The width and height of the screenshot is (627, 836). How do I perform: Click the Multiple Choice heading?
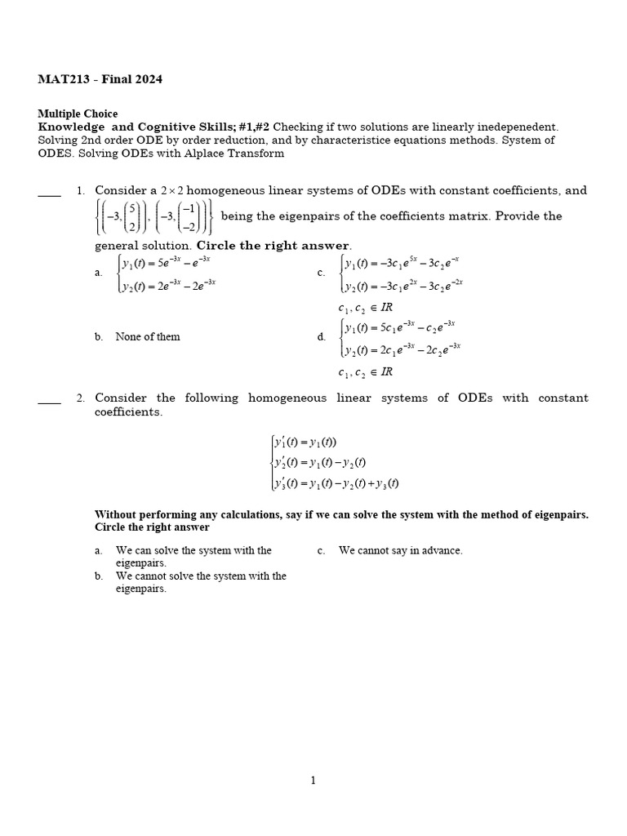78,114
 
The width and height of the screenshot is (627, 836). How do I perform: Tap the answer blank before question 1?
49,194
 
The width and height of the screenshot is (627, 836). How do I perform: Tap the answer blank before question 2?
49,402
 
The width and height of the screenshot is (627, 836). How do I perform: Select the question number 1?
81,191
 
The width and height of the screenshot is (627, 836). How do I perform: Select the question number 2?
81,398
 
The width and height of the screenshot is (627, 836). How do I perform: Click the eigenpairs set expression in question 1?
153,217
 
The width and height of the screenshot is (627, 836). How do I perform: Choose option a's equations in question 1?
167,273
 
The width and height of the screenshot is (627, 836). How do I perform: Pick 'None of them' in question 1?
148,336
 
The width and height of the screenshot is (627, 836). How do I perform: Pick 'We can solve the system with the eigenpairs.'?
193,556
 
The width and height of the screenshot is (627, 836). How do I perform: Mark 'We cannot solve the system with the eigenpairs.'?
201,582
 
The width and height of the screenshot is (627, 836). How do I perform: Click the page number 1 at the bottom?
313,780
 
